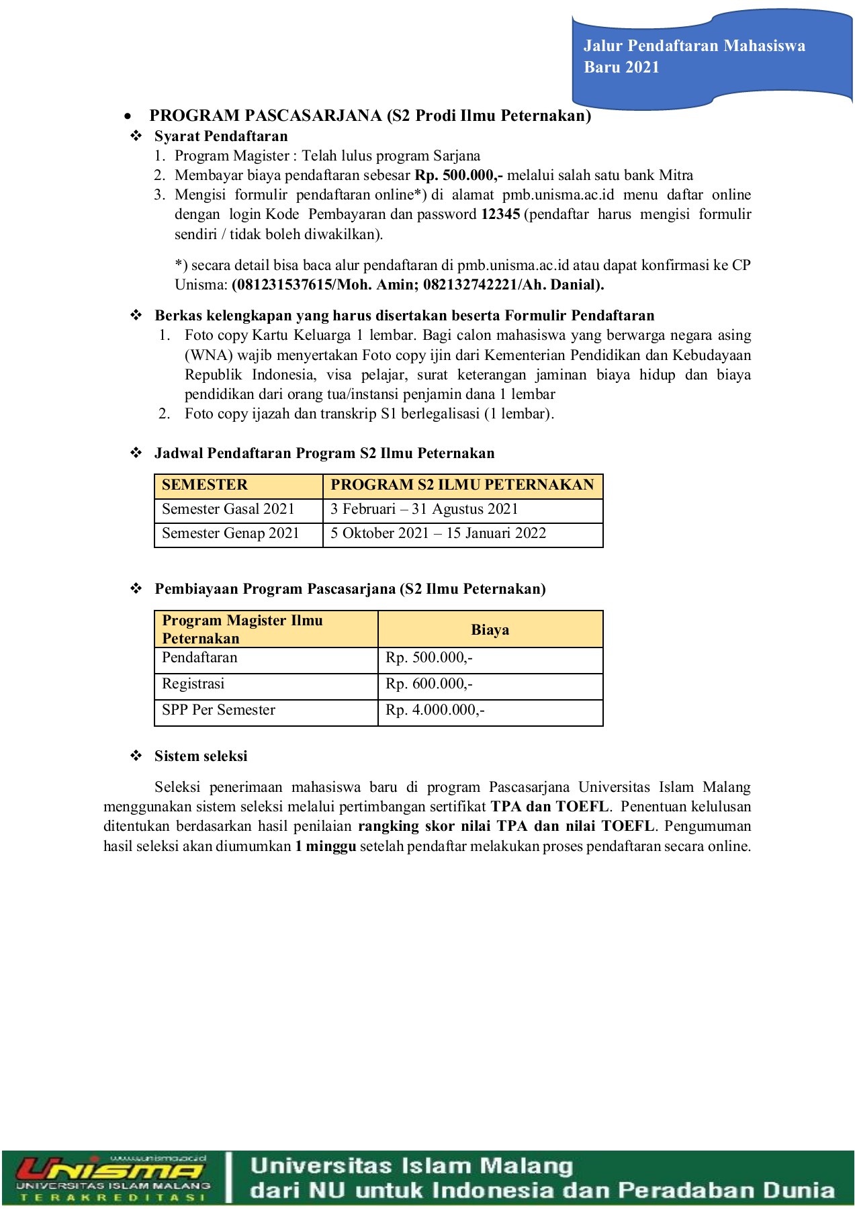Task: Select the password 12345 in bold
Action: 500,214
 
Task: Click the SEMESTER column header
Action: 205,485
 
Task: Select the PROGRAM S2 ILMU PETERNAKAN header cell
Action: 462,485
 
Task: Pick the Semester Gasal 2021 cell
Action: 228,509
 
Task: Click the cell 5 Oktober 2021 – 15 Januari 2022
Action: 438,533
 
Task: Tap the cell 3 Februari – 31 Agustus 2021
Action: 424,509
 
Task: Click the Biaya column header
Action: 490,630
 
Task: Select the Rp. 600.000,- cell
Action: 429,684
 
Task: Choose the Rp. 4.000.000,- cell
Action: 435,710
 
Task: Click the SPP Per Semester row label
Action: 218,710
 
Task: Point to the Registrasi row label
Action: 193,684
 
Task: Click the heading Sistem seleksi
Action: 201,756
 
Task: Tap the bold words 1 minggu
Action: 325,846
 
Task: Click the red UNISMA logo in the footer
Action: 111,1171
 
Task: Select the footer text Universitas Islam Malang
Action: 411,1165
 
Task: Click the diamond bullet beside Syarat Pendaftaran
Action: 136,136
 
